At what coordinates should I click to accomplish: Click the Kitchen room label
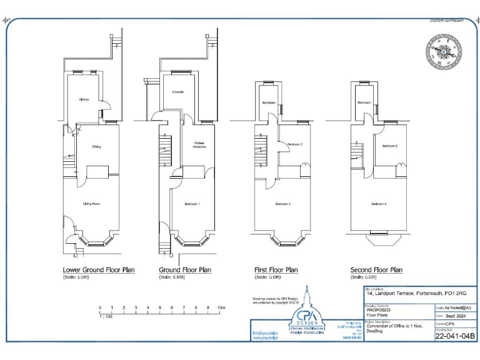84,99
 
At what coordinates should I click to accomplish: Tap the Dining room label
96,147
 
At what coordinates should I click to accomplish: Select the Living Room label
92,204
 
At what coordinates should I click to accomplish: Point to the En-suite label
178,92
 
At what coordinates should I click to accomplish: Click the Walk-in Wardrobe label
199,146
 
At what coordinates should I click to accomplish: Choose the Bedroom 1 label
192,204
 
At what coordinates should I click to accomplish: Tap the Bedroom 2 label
284,204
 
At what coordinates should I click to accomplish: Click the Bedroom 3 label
295,144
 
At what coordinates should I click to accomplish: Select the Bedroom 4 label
379,204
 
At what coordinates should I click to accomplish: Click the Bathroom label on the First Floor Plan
269,102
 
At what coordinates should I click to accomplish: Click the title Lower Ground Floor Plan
99,270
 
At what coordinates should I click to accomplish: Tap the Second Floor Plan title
376,270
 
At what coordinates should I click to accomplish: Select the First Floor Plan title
276,270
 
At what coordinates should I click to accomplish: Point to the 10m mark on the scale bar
221,308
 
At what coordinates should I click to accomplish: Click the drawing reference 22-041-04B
454,336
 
